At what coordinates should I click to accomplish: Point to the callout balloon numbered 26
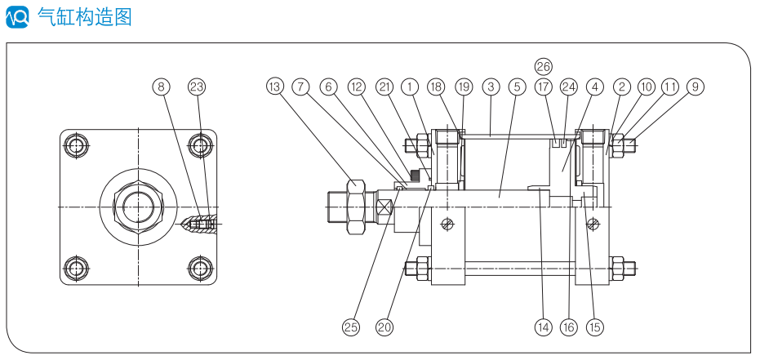pos(544,65)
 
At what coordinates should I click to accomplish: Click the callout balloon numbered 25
pos(350,327)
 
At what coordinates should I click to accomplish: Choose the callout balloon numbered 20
pos(384,327)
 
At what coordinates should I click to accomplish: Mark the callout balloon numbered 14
pos(543,327)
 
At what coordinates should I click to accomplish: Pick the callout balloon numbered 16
pos(569,327)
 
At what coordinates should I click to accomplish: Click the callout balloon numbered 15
pos(594,327)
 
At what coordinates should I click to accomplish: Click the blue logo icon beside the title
pos(17,16)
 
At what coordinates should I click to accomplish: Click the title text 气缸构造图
pos(85,16)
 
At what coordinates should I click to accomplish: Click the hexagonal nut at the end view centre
pos(138,207)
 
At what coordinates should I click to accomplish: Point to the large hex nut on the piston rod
pos(356,207)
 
